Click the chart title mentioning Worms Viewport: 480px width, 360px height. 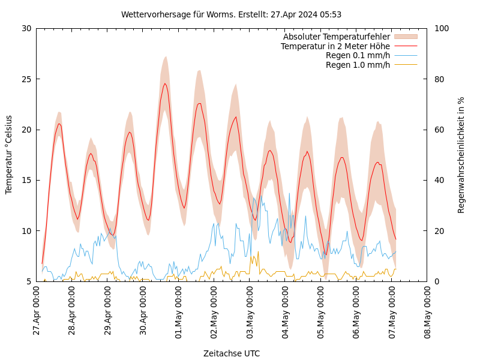[231, 14]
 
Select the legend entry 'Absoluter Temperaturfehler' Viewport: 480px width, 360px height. [336, 37]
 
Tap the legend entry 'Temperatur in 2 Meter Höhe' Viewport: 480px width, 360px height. [335, 46]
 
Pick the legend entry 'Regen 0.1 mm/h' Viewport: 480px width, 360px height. [358, 55]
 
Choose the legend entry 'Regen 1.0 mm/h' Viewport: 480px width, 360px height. [358, 64]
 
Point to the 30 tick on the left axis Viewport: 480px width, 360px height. [26, 28]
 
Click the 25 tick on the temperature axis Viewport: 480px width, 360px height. [26, 79]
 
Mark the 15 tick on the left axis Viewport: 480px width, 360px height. [26, 180]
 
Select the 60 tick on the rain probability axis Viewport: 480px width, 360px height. [438, 130]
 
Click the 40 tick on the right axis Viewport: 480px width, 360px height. [438, 180]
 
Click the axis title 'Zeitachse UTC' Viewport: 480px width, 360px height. [232, 353]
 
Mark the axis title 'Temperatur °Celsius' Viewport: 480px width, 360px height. [9, 155]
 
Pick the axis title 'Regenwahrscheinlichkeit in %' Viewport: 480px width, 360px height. [461, 155]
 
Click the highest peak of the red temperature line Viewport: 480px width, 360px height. [165, 83]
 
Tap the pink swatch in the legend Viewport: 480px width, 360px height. [406, 37]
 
